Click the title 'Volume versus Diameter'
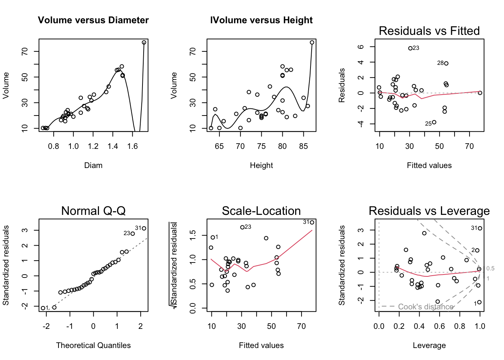pyautogui.click(x=93, y=20)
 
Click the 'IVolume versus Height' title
pyautogui.click(x=261, y=20)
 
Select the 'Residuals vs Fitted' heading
pyautogui.click(x=429, y=31)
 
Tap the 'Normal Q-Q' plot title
pyautogui.click(x=93, y=211)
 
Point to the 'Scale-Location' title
pyautogui.click(x=261, y=211)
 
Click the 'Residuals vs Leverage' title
pyautogui.click(x=429, y=211)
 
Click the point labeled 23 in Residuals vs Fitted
pyautogui.click(x=410, y=48)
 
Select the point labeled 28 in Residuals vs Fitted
pyautogui.click(x=446, y=63)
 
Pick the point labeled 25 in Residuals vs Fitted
pyautogui.click(x=434, y=122)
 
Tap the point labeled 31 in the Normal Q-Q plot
pyautogui.click(x=144, y=228)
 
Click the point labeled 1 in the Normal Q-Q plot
pyautogui.click(x=43, y=308)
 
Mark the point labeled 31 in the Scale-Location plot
pyautogui.click(x=312, y=222)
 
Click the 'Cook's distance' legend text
pyautogui.click(x=426, y=307)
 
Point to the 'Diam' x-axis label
pyautogui.click(x=93, y=165)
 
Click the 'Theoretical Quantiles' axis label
pyautogui.click(x=93, y=345)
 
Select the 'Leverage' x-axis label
pyautogui.click(x=429, y=345)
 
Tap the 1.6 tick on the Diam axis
pyautogui.click(x=132, y=146)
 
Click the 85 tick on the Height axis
pyautogui.click(x=303, y=146)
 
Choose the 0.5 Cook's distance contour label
pyautogui.click(x=490, y=268)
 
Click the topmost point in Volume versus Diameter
pyautogui.click(x=144, y=42)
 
